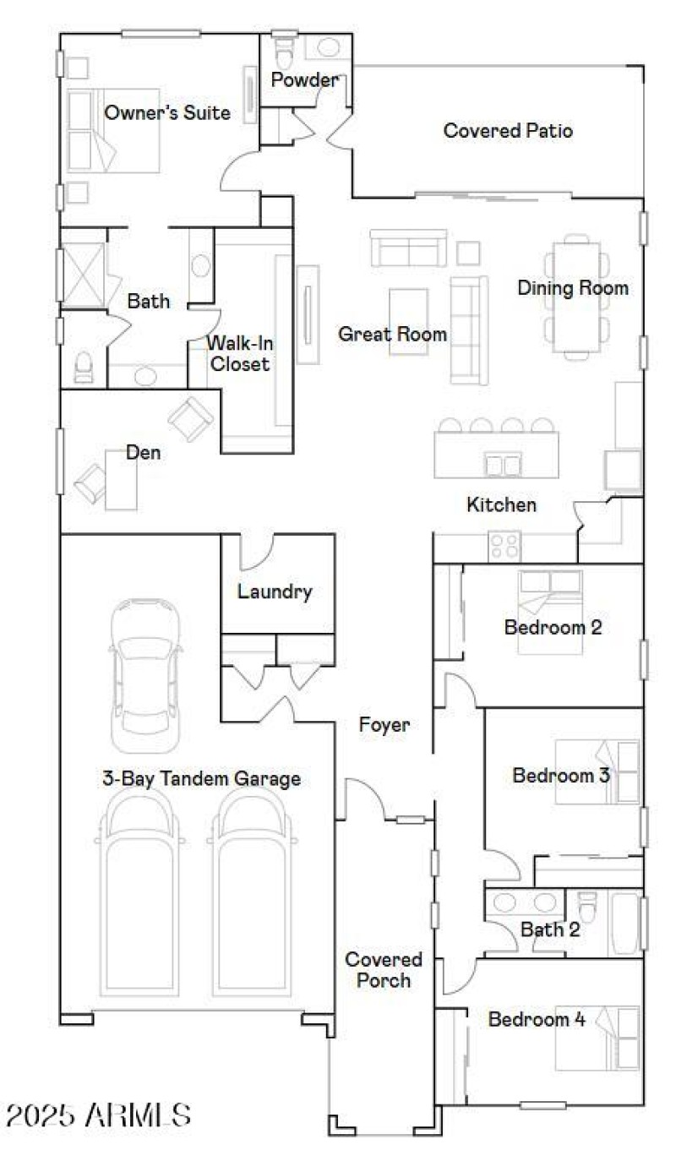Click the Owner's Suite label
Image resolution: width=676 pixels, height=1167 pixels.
(166, 112)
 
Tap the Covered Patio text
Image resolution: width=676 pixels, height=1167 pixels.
(508, 131)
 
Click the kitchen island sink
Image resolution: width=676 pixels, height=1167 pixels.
(502, 465)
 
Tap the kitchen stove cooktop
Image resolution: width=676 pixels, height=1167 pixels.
(505, 546)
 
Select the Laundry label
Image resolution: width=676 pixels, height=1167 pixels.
(275, 592)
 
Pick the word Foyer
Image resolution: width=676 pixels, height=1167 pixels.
(384, 724)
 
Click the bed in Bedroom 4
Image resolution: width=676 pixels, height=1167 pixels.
(597, 1039)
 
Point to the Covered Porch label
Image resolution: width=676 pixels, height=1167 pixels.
(383, 970)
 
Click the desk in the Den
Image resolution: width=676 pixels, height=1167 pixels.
(121, 479)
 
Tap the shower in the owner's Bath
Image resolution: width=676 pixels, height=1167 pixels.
(82, 273)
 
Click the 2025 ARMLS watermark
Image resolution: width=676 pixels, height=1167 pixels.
(98, 1115)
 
